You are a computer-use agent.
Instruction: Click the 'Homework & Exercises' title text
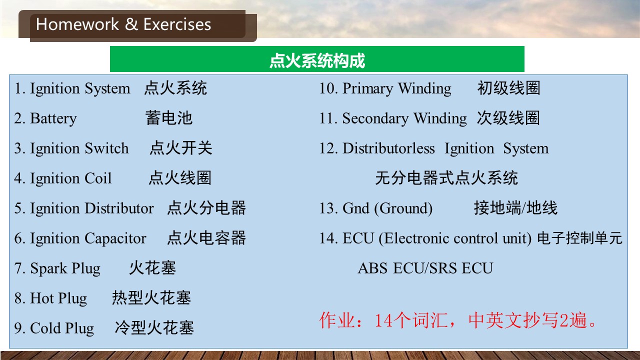(x=123, y=24)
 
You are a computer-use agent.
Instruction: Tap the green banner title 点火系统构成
(x=317, y=60)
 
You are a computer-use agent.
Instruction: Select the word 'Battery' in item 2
(x=53, y=118)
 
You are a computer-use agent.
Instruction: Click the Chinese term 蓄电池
(x=169, y=117)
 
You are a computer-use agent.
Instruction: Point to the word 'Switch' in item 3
(x=106, y=148)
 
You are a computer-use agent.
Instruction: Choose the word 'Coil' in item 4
(x=97, y=178)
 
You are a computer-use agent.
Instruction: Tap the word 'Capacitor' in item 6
(x=115, y=238)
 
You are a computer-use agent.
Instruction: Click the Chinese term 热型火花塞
(x=151, y=297)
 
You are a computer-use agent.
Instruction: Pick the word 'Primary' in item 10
(x=367, y=88)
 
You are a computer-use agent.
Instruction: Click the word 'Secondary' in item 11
(x=375, y=118)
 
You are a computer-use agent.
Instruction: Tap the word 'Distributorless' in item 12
(x=388, y=148)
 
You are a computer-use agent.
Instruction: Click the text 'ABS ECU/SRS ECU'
(x=425, y=268)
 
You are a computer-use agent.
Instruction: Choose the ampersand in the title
(x=131, y=24)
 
